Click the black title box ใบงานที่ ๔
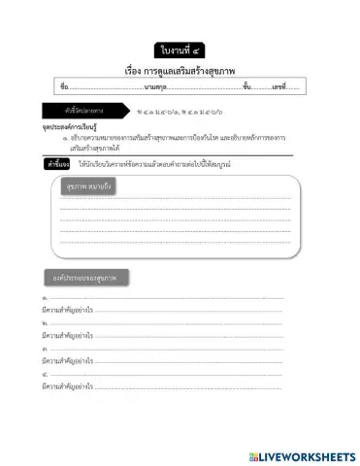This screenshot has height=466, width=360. pos(180,49)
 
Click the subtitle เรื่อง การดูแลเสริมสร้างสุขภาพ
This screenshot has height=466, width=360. pos(180,71)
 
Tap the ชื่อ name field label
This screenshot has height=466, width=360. pos(64,87)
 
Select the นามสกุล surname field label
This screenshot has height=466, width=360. pos(154,87)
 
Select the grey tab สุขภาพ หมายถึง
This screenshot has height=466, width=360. pos(87,185)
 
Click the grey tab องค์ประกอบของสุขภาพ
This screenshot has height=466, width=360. pos(85,278)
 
